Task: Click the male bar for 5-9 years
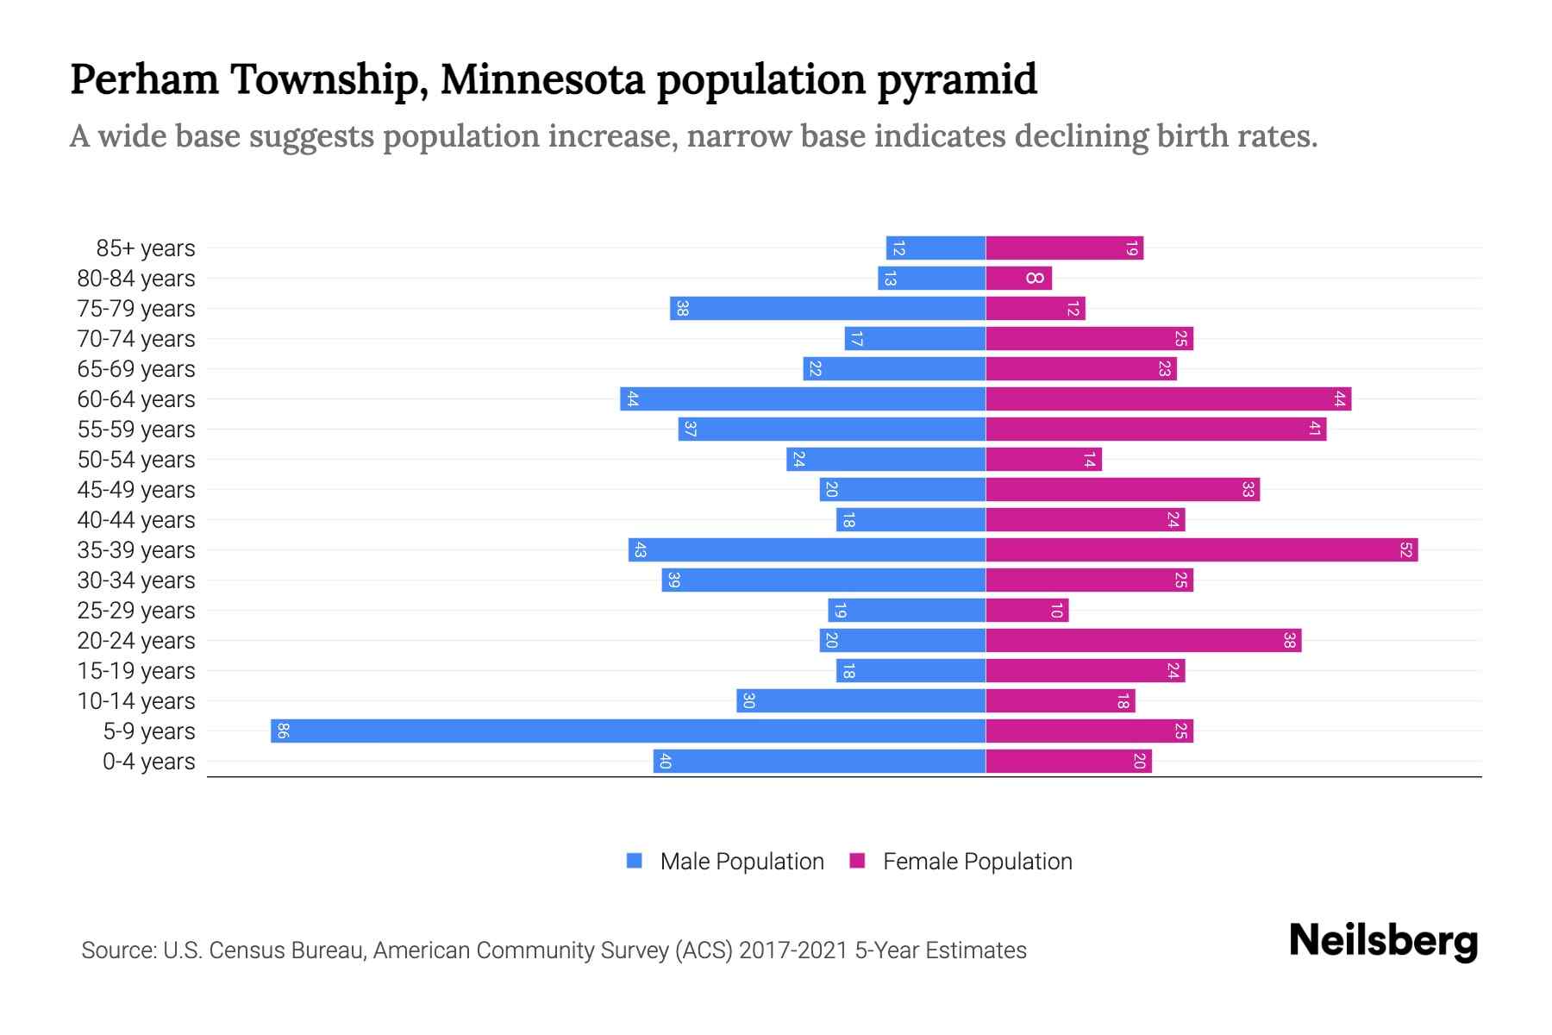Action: [x=628, y=731]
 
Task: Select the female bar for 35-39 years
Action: [x=1201, y=549]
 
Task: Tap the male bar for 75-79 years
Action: [x=828, y=308]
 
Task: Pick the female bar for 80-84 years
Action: [x=1018, y=278]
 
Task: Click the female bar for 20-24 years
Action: [x=1143, y=640]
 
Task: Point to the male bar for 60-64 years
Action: [x=803, y=398]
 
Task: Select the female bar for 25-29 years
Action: [x=1027, y=610]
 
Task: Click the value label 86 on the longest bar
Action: [x=283, y=731]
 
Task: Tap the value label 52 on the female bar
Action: [x=1405, y=549]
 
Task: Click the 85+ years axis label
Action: [x=145, y=248]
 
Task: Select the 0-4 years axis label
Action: [x=148, y=762]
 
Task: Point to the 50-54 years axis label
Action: [x=136, y=460]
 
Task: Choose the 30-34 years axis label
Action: [x=136, y=580]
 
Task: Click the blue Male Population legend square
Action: [x=635, y=861]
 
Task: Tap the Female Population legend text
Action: [x=977, y=862]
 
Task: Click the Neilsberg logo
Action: [x=1383, y=941]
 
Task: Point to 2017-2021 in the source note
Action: [x=793, y=950]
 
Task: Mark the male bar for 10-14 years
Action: [x=860, y=700]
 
